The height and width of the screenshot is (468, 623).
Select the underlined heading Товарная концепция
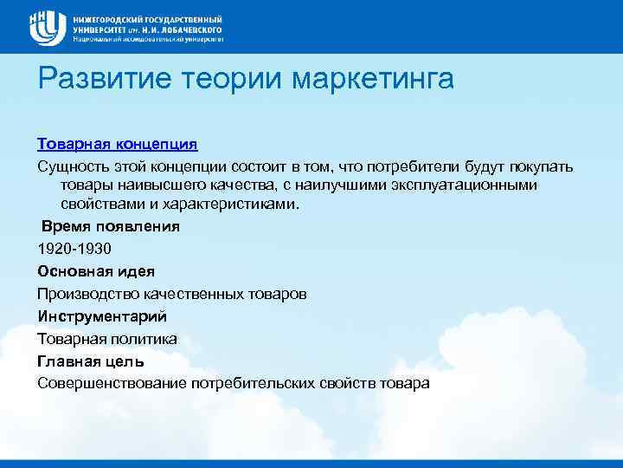click(118, 142)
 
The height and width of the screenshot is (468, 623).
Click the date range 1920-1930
click(74, 249)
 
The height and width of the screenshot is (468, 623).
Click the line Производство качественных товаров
click(171, 294)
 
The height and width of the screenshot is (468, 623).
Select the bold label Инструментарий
click(101, 316)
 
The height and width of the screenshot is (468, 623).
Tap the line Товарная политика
click(107, 339)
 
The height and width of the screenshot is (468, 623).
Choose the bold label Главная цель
click(91, 361)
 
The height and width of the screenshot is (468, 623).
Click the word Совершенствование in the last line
click(112, 384)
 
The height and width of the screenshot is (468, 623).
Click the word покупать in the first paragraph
click(543, 165)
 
